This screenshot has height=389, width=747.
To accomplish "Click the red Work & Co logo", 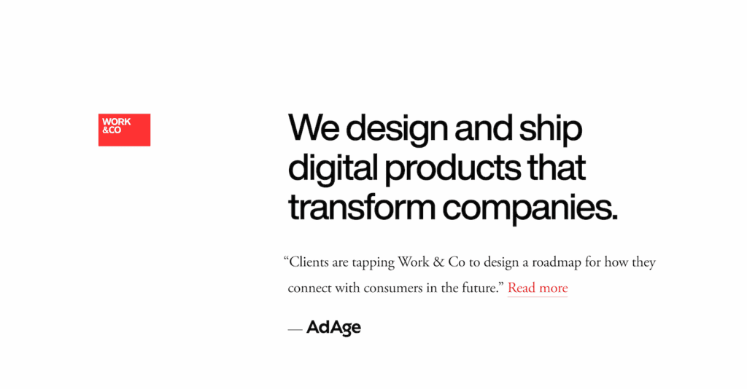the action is (124, 130).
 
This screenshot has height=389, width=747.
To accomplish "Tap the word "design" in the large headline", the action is (397, 130).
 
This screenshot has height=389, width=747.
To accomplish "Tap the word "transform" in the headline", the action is (362, 207).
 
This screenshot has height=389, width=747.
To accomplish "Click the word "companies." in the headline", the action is (530, 209).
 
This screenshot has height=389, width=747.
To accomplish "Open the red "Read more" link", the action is (538, 288).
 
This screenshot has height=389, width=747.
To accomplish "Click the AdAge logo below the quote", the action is (333, 328).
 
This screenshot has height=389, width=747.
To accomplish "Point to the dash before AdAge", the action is (295, 329).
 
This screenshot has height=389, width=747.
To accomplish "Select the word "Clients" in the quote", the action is (309, 262).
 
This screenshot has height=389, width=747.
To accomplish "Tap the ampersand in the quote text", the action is (438, 262).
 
